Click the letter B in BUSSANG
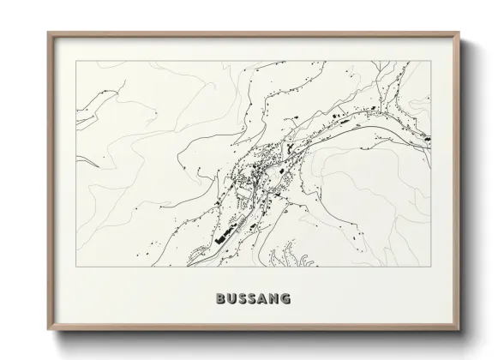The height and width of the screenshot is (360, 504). [x=213, y=299]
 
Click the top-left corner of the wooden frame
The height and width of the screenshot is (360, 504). [x=48, y=32]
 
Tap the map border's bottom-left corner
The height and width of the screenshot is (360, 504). [x=76, y=266]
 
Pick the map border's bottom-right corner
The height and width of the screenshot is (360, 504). [x=429, y=266]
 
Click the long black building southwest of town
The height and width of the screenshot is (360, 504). [x=224, y=233]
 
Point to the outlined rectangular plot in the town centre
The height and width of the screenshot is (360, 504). [x=246, y=195]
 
